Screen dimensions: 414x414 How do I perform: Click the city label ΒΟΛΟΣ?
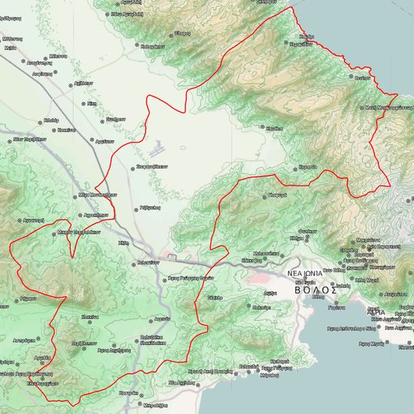[317, 291]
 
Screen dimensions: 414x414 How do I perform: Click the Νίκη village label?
[90, 103]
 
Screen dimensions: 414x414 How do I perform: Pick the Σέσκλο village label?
[215, 296]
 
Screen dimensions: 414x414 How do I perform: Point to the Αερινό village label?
[161, 317]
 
